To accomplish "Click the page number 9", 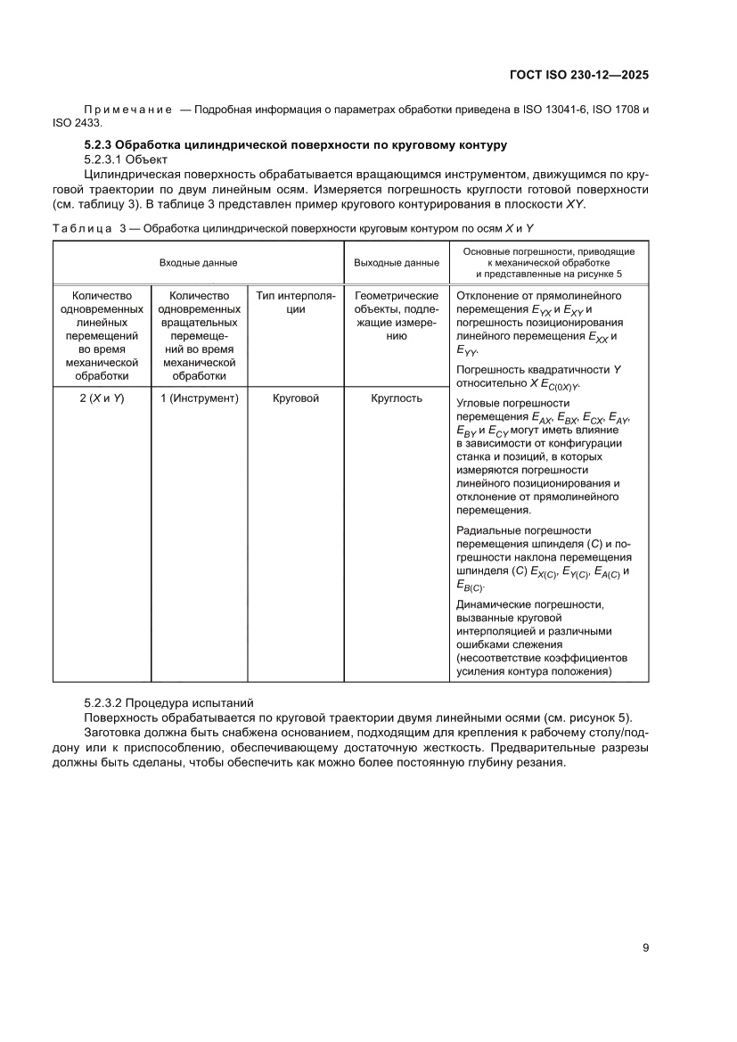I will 644,948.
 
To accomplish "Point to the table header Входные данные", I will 198,263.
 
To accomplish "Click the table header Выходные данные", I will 397,263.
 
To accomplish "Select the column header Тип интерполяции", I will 295,302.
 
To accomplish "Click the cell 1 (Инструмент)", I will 200,398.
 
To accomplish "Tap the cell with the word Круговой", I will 295,398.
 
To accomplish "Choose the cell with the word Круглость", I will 397,398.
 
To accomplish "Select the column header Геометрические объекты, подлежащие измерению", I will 397,316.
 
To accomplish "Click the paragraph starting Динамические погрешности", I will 535,638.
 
